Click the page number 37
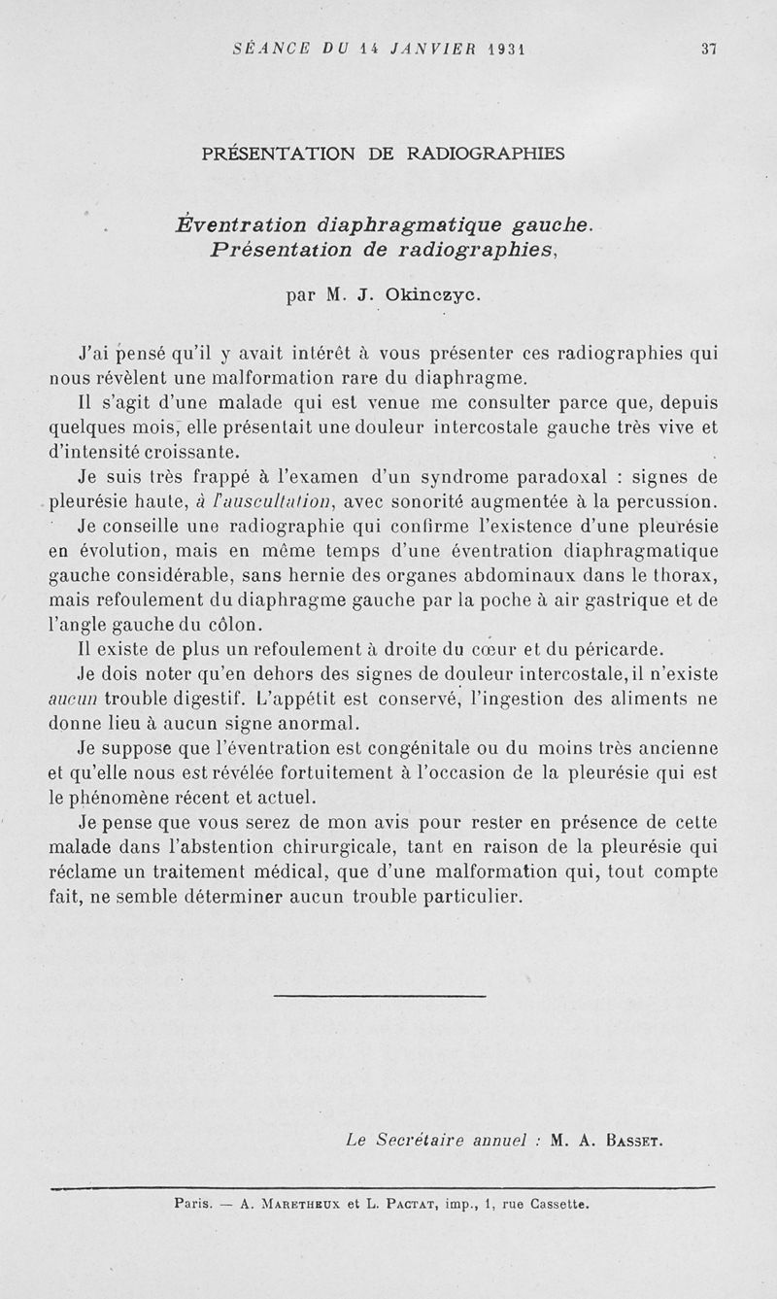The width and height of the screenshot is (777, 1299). (708, 51)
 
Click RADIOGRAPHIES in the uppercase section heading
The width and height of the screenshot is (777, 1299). (485, 153)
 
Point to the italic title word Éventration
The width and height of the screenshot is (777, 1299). (241, 225)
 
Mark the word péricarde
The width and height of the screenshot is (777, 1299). (618, 649)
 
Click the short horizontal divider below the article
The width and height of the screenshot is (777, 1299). (380, 995)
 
